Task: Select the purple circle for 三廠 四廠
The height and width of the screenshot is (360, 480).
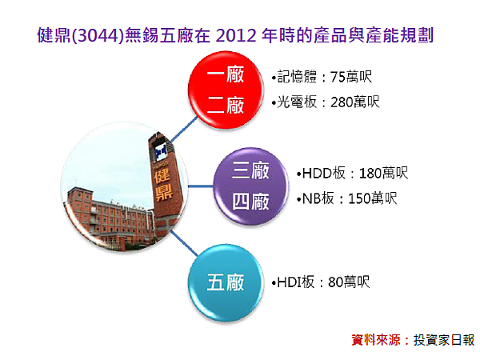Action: pyautogui.click(x=250, y=185)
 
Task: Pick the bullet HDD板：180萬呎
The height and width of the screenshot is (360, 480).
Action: pyautogui.click(x=351, y=173)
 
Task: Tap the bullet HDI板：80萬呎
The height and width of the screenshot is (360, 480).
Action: pyautogui.click(x=322, y=282)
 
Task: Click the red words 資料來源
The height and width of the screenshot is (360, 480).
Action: pyautogui.click(x=377, y=339)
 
